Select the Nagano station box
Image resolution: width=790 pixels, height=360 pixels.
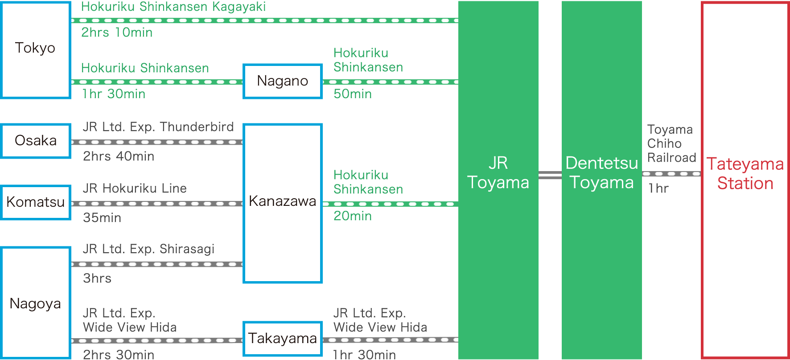(x=282, y=81)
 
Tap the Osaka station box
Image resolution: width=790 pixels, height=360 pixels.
(x=36, y=141)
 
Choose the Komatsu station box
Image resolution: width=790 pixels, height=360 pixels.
(x=36, y=202)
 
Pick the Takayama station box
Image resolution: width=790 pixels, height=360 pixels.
(x=282, y=339)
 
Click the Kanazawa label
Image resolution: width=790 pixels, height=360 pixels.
(x=282, y=201)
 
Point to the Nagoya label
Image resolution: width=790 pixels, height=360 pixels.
(x=36, y=304)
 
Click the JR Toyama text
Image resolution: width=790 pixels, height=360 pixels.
(x=498, y=173)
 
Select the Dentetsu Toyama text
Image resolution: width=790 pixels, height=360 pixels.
(x=601, y=173)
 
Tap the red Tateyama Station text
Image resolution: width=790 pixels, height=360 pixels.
(x=745, y=174)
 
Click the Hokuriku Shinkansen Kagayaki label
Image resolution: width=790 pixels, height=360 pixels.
(x=173, y=7)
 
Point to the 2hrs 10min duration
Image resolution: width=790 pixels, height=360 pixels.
(x=117, y=33)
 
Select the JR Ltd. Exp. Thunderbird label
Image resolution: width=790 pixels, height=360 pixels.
(x=158, y=127)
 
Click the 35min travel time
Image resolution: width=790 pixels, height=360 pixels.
(x=102, y=218)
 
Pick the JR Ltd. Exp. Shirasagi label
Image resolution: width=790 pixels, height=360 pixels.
(x=148, y=249)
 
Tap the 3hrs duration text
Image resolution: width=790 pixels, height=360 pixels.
(x=97, y=278)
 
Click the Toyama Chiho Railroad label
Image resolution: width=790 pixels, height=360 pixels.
(x=671, y=143)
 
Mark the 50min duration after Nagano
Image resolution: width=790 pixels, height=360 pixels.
(x=352, y=94)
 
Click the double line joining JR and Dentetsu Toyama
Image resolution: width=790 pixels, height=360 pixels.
(x=550, y=175)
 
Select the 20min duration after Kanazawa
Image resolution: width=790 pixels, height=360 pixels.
(x=352, y=216)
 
